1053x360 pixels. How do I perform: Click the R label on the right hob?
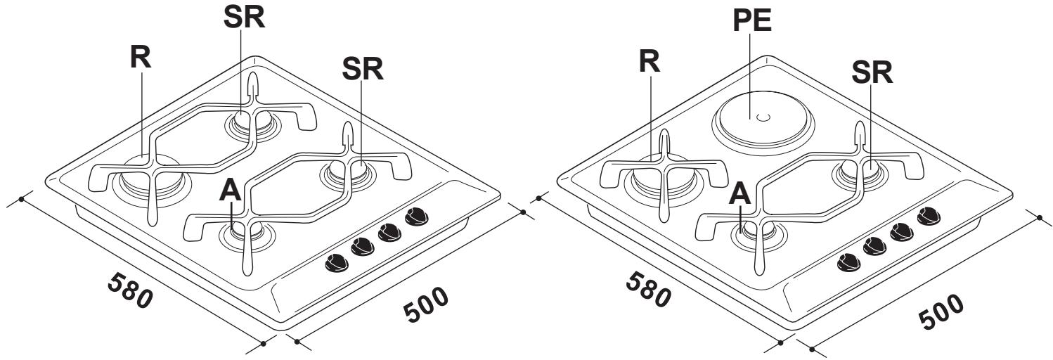pyautogui.click(x=651, y=62)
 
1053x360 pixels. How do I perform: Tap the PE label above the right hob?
pyautogui.click(x=751, y=22)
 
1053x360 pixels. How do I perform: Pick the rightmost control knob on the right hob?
pyautogui.click(x=929, y=216)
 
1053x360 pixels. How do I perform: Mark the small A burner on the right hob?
pyautogui.click(x=758, y=232)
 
